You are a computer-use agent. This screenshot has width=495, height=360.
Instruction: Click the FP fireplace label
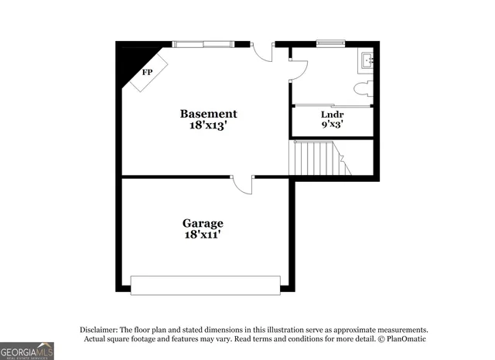[x=147, y=72]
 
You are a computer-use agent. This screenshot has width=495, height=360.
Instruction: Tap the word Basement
[x=208, y=113]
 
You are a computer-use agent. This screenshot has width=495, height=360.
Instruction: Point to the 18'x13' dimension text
[x=208, y=125]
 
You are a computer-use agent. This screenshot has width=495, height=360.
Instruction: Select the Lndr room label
[x=332, y=114]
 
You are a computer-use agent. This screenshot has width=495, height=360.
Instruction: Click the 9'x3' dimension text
[x=332, y=124]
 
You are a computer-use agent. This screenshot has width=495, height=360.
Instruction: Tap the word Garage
[x=203, y=223]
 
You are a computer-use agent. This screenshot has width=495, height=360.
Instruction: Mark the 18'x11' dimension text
[x=203, y=235]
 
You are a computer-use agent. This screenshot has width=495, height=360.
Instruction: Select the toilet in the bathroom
[x=364, y=87]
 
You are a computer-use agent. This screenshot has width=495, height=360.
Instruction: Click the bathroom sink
[x=367, y=60]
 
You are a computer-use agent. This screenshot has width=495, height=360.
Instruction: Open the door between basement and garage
[x=243, y=184]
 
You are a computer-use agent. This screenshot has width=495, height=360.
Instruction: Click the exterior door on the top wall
[x=264, y=51]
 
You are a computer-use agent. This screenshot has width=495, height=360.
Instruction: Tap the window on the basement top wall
[x=203, y=43]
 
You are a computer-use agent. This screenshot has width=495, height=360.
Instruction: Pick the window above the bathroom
[x=329, y=43]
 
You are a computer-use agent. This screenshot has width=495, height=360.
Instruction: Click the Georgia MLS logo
[x=27, y=351]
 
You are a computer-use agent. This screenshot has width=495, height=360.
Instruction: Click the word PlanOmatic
[x=404, y=339]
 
